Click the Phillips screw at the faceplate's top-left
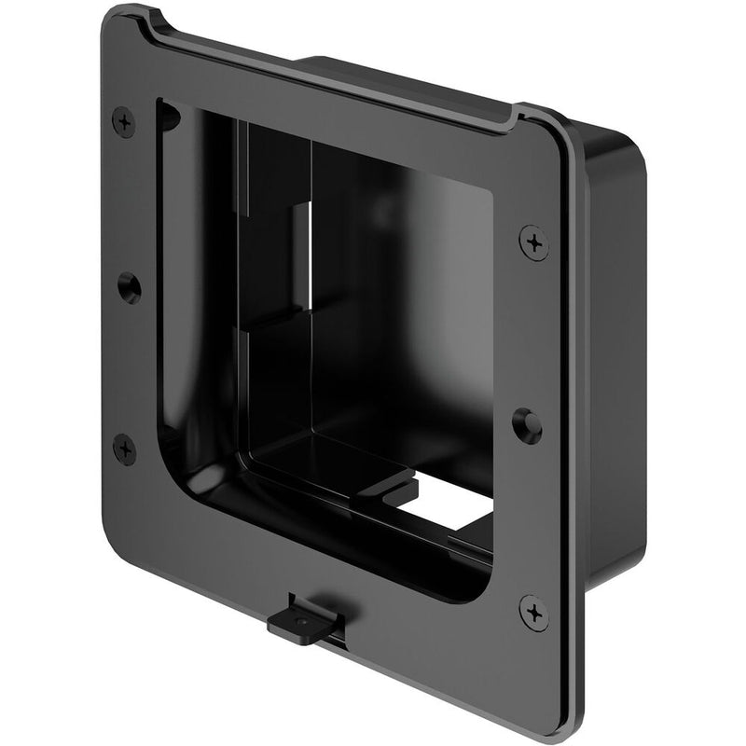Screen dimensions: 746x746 123,122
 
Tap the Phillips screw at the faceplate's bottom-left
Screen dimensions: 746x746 124,449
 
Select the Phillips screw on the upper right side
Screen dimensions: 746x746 533,242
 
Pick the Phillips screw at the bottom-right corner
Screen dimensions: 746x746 534,613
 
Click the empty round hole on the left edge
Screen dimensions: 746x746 129,286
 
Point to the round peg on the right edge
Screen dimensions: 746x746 528,426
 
